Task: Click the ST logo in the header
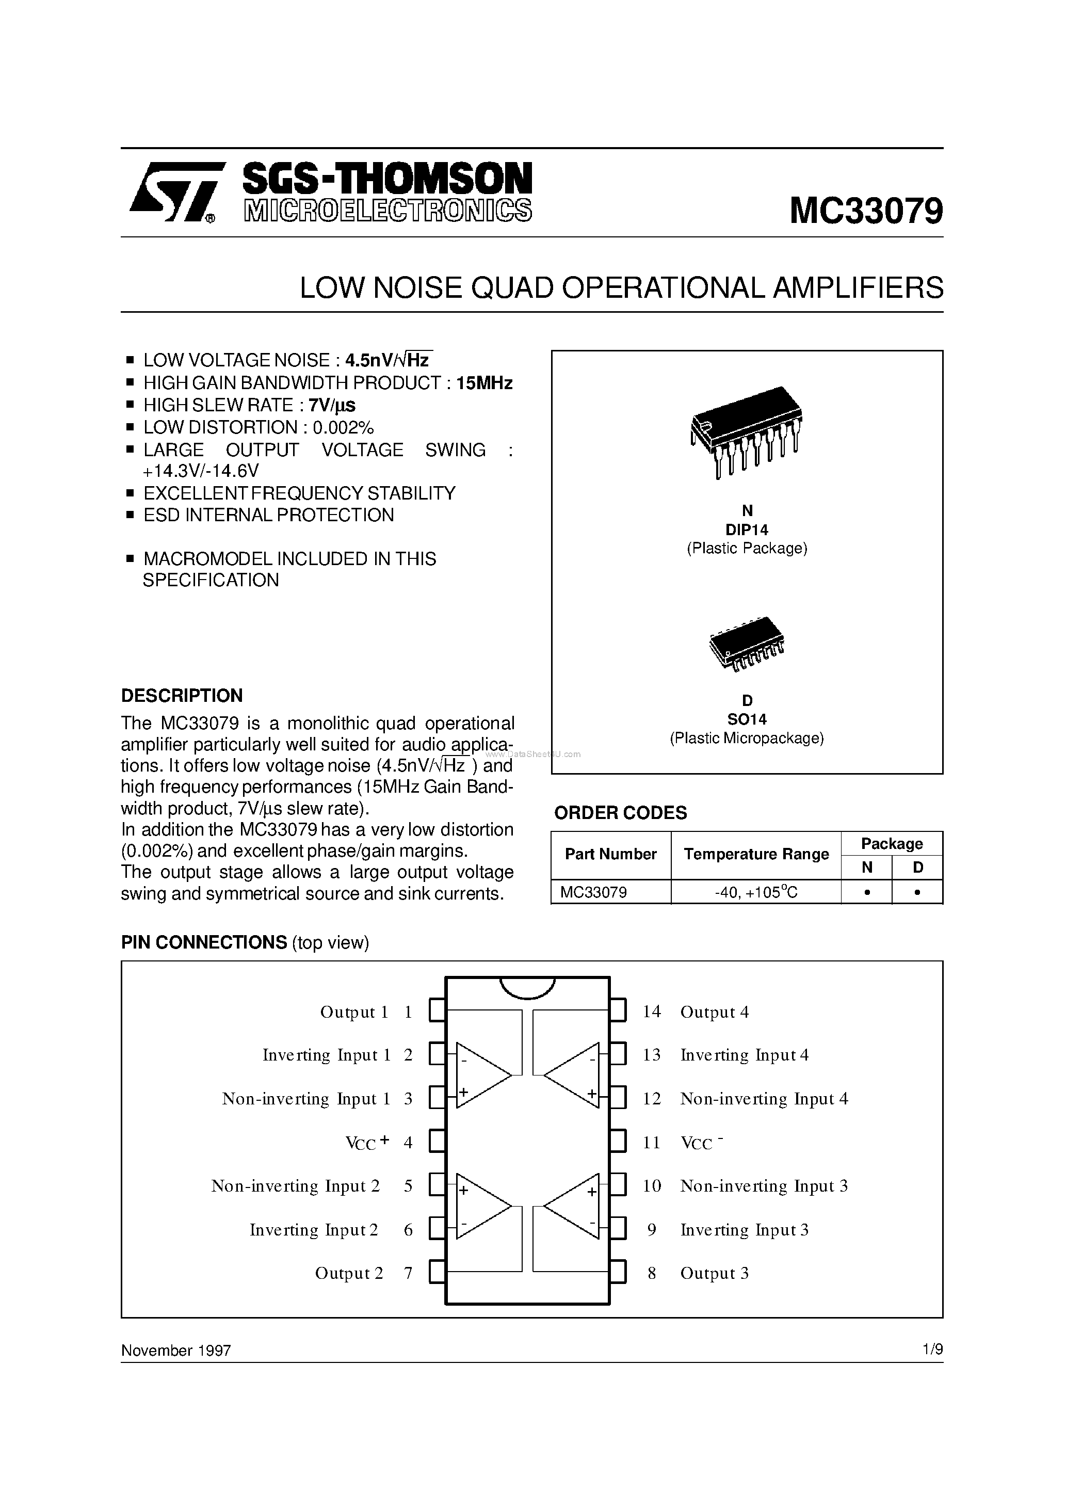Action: [x=172, y=192]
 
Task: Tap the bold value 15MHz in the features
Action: [x=484, y=383]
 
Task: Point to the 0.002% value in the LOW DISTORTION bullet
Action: [x=343, y=428]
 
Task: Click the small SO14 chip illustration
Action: [x=747, y=644]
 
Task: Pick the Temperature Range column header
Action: [x=756, y=855]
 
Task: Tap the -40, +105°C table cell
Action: [x=756, y=892]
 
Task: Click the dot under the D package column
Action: [x=917, y=892]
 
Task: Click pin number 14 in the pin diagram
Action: [x=651, y=1012]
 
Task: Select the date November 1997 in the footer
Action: [x=176, y=1350]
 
